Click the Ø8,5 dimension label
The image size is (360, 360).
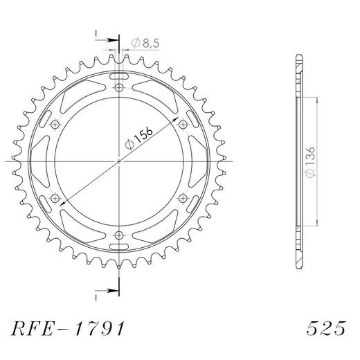point(143,43)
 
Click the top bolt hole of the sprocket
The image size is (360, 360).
point(119,88)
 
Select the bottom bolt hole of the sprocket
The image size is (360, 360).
point(119,234)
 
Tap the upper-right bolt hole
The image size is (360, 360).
point(183,125)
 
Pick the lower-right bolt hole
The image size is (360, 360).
point(183,198)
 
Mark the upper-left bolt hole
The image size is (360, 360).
point(56,125)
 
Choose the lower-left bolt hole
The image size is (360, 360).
point(56,198)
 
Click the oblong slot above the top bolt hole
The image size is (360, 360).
point(119,74)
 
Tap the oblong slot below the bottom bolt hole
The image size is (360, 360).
point(119,248)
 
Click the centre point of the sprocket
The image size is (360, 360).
point(119,161)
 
